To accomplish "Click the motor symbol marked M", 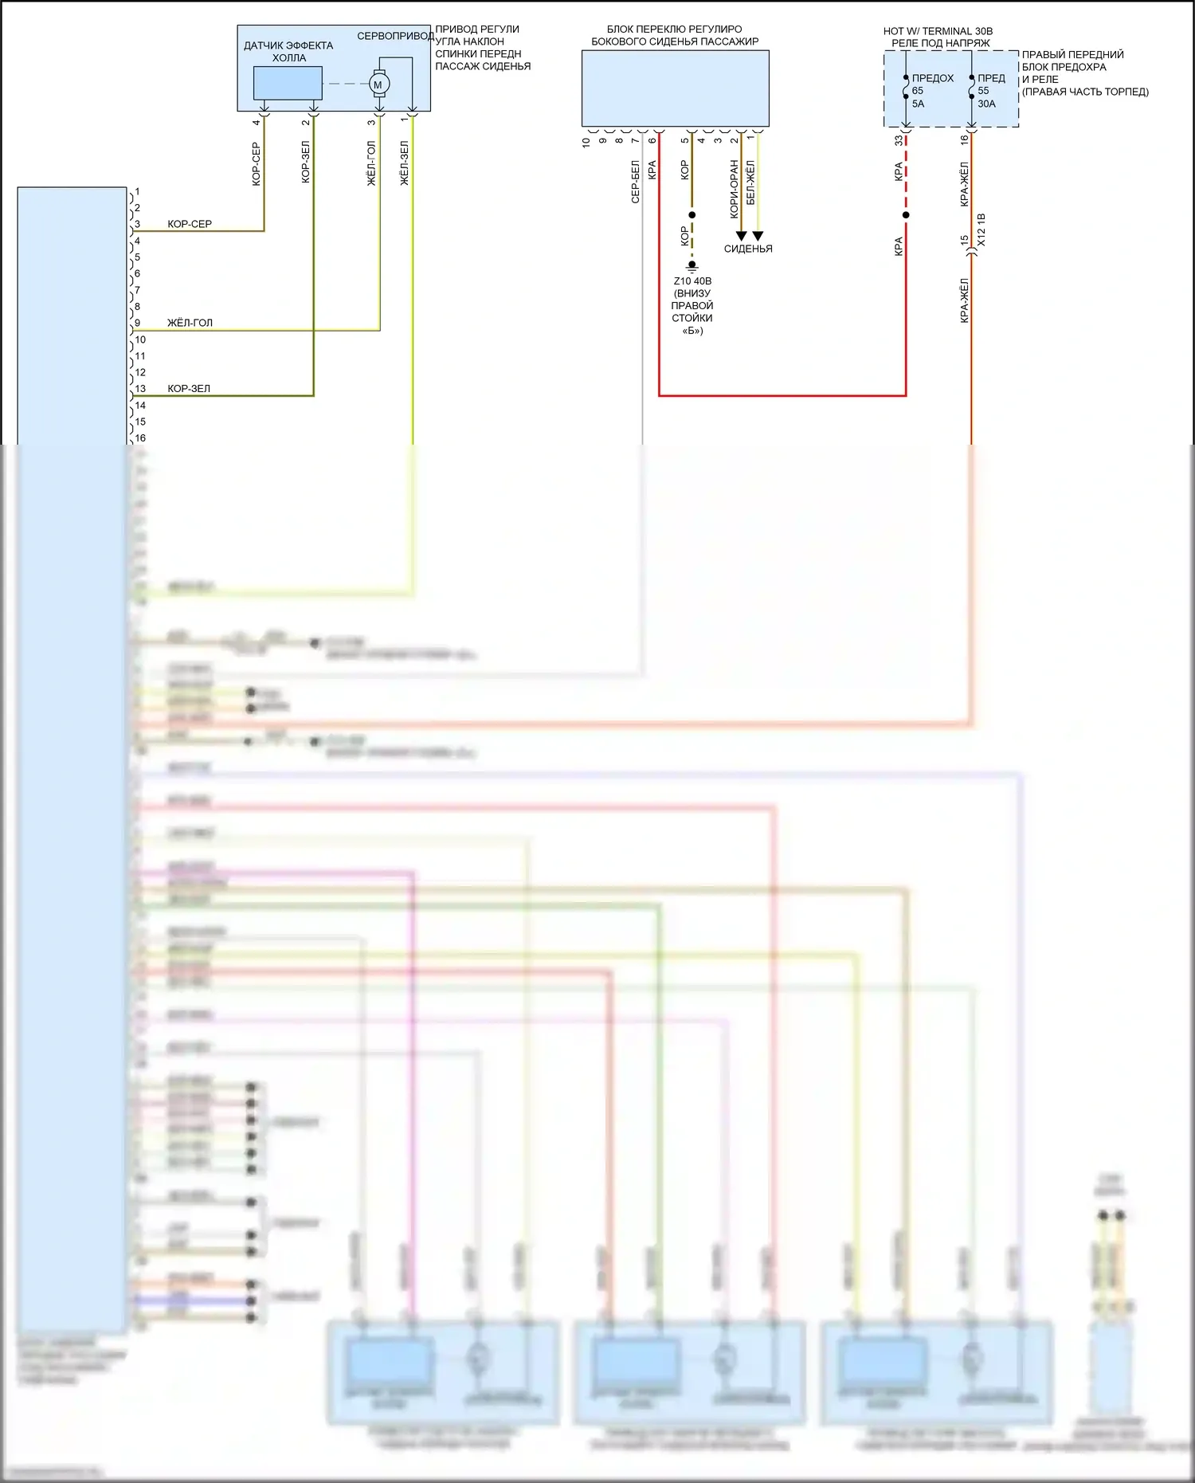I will click(378, 84).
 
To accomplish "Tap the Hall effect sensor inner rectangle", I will click(288, 83).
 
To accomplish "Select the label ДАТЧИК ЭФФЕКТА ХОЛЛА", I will click(288, 52).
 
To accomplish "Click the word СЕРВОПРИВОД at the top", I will click(395, 36).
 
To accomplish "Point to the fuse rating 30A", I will click(986, 104).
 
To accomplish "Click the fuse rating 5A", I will click(918, 104).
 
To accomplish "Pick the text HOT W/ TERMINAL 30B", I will click(938, 31).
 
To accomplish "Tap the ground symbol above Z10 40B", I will click(692, 265).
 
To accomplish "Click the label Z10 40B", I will click(692, 281).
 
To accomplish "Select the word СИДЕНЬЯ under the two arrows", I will click(748, 249).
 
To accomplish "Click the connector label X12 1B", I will click(981, 230).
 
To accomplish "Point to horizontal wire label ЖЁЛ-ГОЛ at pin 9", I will click(190, 323).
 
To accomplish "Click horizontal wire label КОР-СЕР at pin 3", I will click(190, 224).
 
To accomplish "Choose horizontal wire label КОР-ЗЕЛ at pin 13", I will click(189, 389).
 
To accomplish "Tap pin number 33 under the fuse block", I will click(899, 140).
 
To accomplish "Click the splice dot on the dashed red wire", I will click(906, 215).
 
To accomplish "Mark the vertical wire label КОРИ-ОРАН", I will click(735, 189).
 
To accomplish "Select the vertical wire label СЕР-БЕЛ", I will click(635, 182).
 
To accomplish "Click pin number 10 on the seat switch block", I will click(586, 142).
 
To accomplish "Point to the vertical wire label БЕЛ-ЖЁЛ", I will click(750, 182).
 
